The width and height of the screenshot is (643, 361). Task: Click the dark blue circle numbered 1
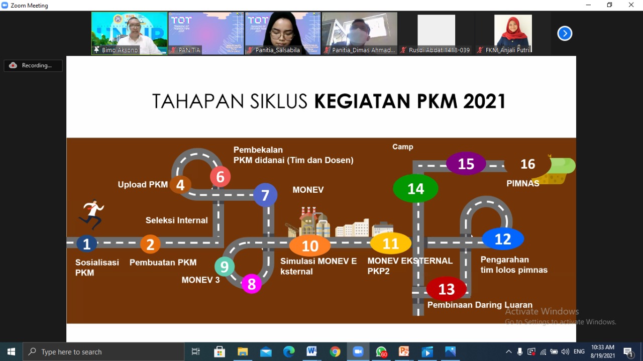[x=87, y=244]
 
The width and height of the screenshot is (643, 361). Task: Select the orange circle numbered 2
[x=150, y=244]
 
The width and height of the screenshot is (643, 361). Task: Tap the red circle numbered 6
[x=220, y=176]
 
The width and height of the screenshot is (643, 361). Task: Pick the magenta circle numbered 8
[x=252, y=284]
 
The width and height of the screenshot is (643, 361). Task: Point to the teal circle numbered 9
[x=225, y=266]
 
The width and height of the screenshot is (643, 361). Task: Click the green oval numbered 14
[x=415, y=189]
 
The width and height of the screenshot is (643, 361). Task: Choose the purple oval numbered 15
[x=466, y=164]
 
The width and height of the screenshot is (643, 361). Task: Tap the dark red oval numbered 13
[x=447, y=289]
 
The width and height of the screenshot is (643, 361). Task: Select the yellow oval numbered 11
[x=391, y=244]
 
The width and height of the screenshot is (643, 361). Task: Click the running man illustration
[x=91, y=214]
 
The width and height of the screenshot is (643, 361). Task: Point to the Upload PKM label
[x=143, y=184]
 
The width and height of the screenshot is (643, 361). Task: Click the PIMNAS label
[x=523, y=183]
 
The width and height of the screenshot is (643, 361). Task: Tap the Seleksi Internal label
[x=176, y=220]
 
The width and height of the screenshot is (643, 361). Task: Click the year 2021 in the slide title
[x=484, y=101]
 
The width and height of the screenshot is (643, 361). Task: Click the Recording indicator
[x=33, y=65]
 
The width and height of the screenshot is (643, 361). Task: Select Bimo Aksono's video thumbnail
[x=130, y=33]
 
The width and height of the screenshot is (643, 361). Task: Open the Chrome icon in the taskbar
[x=335, y=351]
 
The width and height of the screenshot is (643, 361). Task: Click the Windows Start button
[x=11, y=351]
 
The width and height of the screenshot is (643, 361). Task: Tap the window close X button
[x=631, y=5]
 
